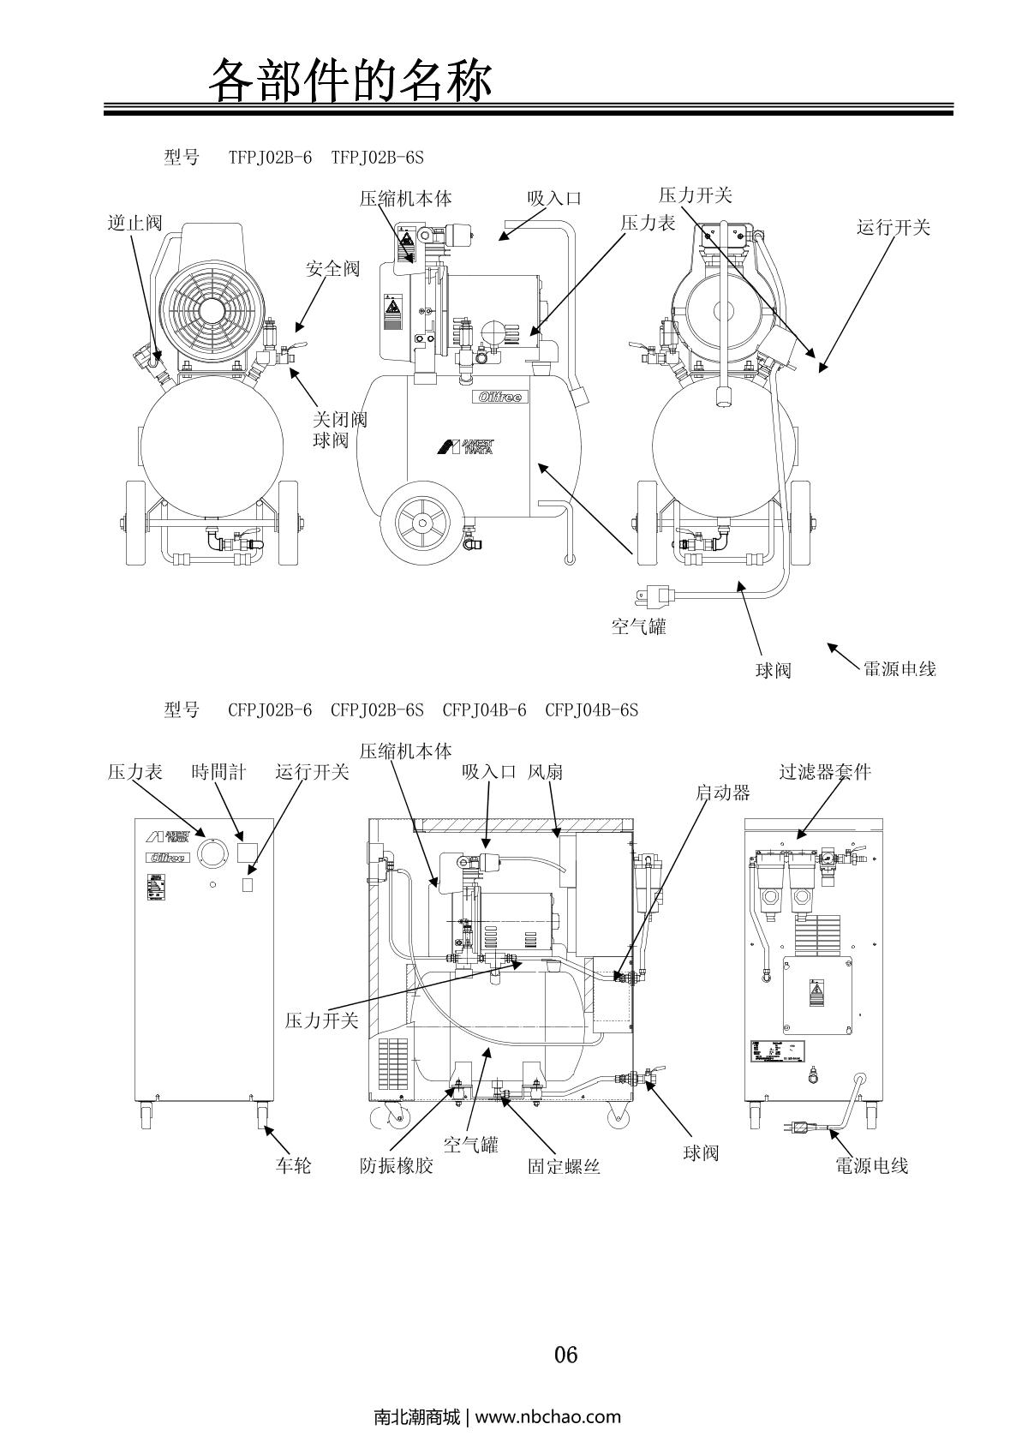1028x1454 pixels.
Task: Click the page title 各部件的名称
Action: pos(351,81)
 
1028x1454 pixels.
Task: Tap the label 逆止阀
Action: pos(134,224)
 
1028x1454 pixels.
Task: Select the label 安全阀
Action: pos(333,269)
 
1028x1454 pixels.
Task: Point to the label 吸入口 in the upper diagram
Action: pos(554,199)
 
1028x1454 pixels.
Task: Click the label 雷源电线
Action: pos(899,669)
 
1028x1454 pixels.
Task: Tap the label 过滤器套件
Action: pos(825,772)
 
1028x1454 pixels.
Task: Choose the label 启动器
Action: pos(722,793)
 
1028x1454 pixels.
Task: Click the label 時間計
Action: pos(218,773)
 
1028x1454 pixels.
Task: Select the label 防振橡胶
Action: pos(397,1166)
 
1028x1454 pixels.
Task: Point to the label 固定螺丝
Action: pos(564,1166)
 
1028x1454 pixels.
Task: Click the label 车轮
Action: pos(293,1166)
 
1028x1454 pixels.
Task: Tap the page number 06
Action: pos(566,1355)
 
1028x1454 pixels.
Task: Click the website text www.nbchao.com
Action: pos(547,1416)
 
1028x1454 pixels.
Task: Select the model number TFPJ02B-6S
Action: pos(377,158)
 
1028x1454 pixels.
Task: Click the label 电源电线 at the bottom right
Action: pos(871,1166)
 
